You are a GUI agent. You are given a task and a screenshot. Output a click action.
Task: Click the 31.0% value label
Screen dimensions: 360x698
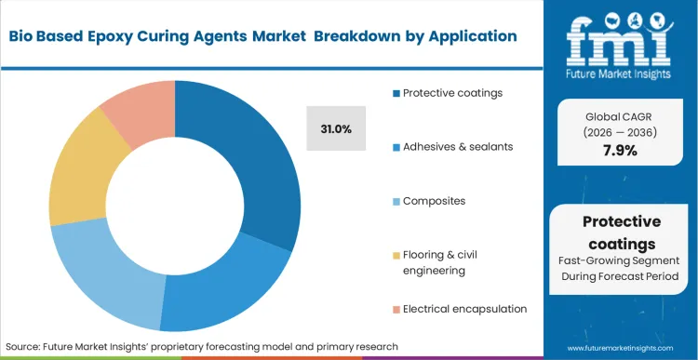click(335, 129)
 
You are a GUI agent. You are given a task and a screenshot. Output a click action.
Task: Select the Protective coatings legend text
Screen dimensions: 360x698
click(451, 92)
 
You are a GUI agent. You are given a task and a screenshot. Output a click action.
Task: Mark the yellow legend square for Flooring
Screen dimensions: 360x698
click(396, 254)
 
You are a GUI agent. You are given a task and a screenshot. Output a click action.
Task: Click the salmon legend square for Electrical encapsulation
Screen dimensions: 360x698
click(396, 308)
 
